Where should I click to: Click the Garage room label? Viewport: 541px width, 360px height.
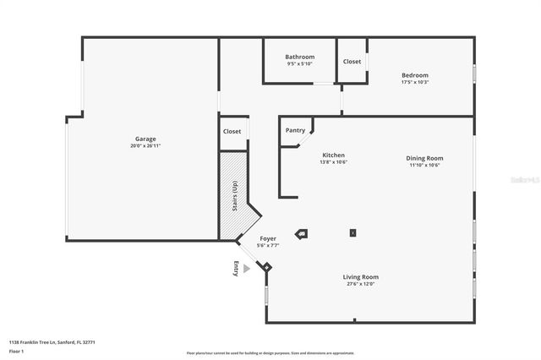(x=145, y=139)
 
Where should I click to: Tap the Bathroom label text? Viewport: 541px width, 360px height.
(x=299, y=57)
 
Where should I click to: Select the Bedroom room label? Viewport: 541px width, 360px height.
(x=414, y=75)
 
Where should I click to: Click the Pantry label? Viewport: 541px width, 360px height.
(x=295, y=130)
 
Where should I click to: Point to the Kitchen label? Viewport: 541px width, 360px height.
(x=334, y=155)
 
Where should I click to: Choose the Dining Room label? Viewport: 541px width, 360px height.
(x=424, y=158)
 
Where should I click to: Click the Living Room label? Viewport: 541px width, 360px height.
(x=360, y=277)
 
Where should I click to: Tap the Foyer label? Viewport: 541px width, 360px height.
(x=268, y=239)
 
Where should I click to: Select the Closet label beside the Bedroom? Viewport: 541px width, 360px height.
(x=352, y=62)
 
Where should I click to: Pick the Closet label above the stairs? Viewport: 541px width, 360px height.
(x=232, y=132)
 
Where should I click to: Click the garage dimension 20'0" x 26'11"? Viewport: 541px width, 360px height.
(x=145, y=146)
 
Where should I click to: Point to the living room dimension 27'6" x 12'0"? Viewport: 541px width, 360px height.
(x=360, y=284)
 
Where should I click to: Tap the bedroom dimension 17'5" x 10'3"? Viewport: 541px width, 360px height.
(x=414, y=82)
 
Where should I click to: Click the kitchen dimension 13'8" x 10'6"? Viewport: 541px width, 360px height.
(x=334, y=162)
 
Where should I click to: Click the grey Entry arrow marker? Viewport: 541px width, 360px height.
(x=247, y=268)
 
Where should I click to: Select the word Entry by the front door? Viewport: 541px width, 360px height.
(x=236, y=268)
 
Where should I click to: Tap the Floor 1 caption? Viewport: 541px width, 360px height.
(x=16, y=351)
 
